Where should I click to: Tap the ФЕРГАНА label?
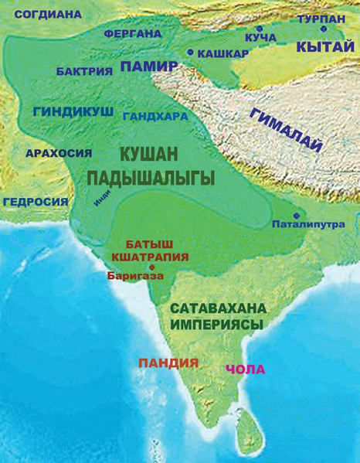point(133,34)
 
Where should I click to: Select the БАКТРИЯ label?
point(85,71)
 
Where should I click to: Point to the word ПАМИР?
point(148,67)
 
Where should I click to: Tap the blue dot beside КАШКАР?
point(191,53)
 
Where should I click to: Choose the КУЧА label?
point(260,36)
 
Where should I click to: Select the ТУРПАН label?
point(322,17)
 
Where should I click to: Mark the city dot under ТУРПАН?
point(323,29)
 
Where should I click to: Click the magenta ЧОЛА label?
point(245,369)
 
